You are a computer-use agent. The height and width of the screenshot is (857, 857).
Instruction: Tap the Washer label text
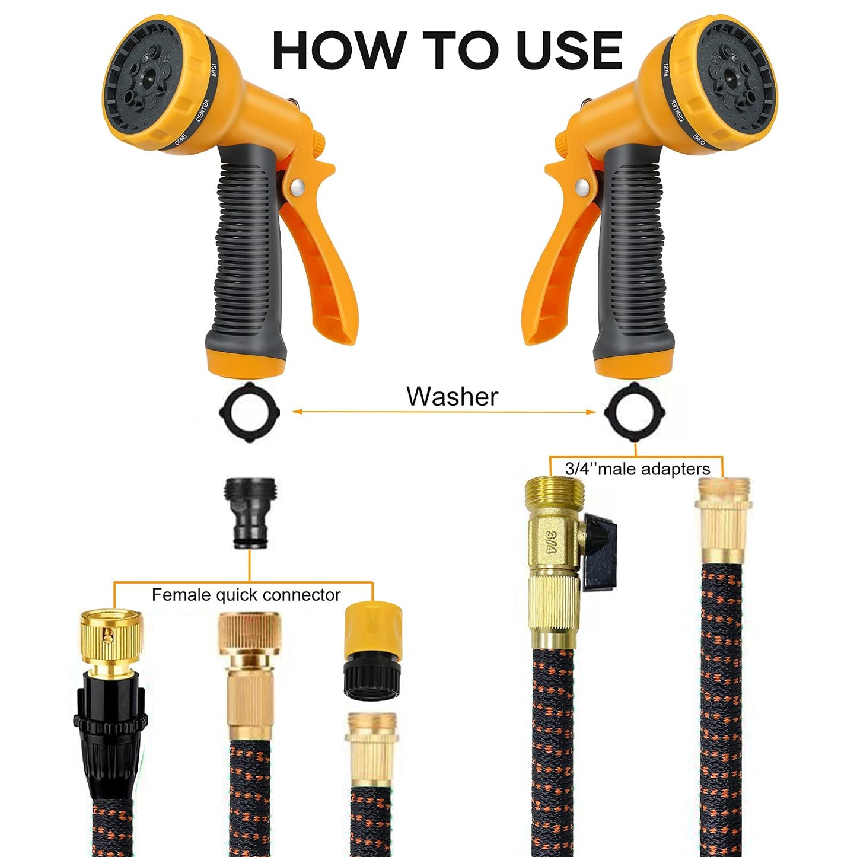(452, 396)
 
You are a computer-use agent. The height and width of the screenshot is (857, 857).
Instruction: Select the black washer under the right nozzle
(634, 412)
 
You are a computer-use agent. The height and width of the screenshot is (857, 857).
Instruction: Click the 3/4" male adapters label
(637, 469)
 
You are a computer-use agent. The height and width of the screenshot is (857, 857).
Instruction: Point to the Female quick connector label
(246, 595)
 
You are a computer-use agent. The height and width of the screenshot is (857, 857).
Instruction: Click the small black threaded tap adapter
(250, 513)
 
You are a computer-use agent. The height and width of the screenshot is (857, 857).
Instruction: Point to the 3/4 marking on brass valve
(552, 541)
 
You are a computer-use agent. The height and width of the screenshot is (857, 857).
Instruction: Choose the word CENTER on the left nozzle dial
(203, 110)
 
